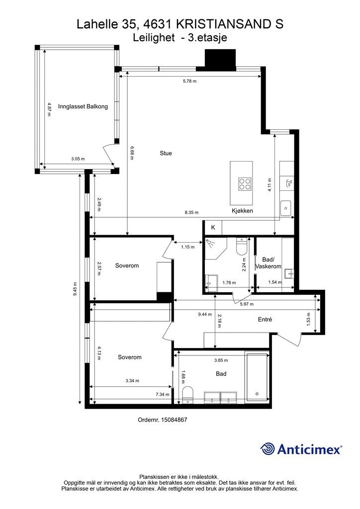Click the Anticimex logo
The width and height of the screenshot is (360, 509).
tap(301, 449)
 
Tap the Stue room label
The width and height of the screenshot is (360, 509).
tap(166, 153)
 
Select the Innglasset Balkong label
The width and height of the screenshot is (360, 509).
tap(83, 106)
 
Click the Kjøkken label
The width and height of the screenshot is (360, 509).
tap(242, 211)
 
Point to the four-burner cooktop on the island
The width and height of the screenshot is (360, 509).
tap(245, 184)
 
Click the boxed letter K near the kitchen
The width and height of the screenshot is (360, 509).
tap(213, 227)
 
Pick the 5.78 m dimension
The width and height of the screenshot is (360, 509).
tap(190, 81)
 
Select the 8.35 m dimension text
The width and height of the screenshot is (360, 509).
tap(191, 213)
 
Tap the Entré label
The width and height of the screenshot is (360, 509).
tap(265, 320)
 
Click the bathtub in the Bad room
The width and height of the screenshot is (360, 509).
tap(257, 378)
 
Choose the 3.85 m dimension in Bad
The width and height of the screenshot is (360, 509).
tap(221, 360)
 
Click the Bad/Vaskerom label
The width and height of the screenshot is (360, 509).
tap(269, 263)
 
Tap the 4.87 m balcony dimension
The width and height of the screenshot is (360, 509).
tap(49, 110)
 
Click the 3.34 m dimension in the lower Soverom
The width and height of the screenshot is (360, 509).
tap(132, 381)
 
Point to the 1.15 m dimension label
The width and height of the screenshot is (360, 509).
tap(187, 247)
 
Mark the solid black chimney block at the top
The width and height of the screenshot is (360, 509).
tap(220, 60)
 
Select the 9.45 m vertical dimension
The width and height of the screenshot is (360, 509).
tap(75, 289)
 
